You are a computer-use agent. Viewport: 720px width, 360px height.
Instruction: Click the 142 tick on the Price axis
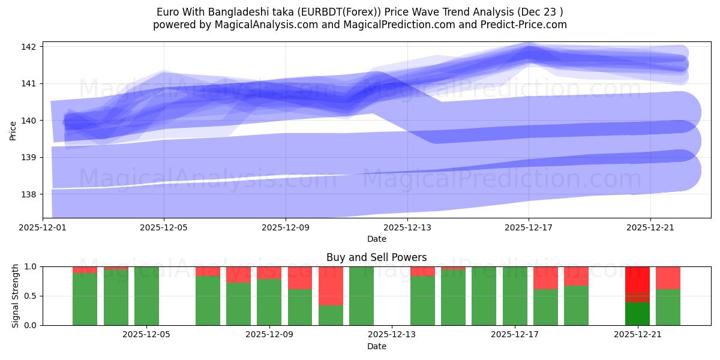29,47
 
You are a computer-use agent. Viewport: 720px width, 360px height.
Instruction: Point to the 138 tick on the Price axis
29,194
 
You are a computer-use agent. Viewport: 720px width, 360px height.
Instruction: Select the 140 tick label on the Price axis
29,121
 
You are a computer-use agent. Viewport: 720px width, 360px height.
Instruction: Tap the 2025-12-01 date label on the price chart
43,227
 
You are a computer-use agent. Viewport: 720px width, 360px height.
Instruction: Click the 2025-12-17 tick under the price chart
529,227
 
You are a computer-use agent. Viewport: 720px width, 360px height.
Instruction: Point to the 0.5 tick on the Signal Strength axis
31,296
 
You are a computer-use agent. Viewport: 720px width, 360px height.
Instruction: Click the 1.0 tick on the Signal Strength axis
31,266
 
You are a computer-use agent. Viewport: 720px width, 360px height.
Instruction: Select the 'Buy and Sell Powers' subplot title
376,257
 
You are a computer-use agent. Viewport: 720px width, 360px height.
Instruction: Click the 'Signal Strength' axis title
16,296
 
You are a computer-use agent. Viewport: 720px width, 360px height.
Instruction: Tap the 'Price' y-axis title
13,130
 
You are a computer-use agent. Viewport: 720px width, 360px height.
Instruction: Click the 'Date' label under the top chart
376,239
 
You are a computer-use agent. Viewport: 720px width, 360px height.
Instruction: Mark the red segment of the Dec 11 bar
331,286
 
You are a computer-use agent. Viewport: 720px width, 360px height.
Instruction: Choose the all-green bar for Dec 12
361,296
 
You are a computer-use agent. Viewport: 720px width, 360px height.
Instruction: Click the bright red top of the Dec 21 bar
637,279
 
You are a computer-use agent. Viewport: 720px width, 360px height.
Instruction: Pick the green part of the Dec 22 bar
668,307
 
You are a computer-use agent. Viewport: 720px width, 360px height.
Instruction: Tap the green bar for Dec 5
146,296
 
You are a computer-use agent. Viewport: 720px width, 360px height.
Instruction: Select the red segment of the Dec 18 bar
545,278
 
